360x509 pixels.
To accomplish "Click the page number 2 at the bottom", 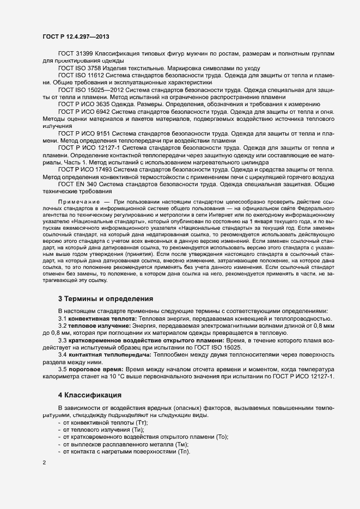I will pyautogui.click(x=44, y=463).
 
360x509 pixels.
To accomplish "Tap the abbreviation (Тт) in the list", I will pyautogui.click(x=140, y=422).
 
